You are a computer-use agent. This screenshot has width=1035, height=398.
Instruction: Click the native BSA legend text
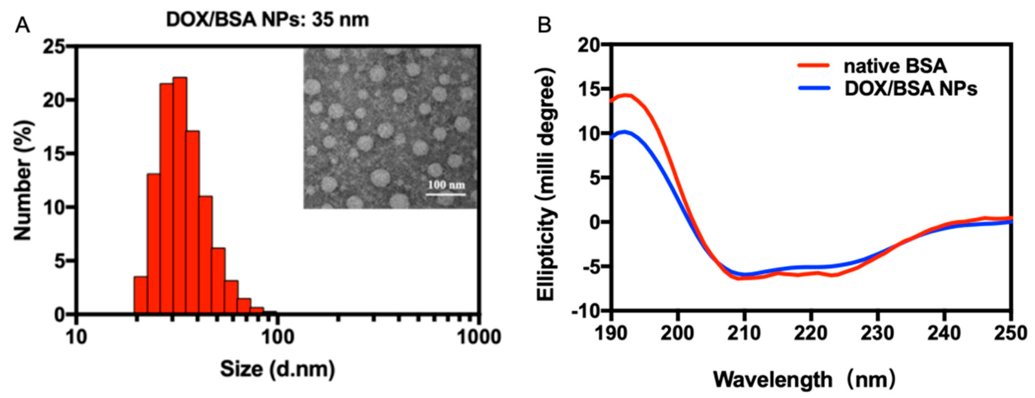tap(895, 66)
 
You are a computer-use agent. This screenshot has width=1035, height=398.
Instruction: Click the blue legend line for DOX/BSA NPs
tap(814, 88)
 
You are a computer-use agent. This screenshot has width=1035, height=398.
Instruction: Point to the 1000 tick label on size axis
tap(478, 337)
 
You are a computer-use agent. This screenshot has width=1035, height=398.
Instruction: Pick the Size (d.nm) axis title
tap(277, 369)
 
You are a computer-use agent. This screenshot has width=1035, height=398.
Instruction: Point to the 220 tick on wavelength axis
tap(812, 334)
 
